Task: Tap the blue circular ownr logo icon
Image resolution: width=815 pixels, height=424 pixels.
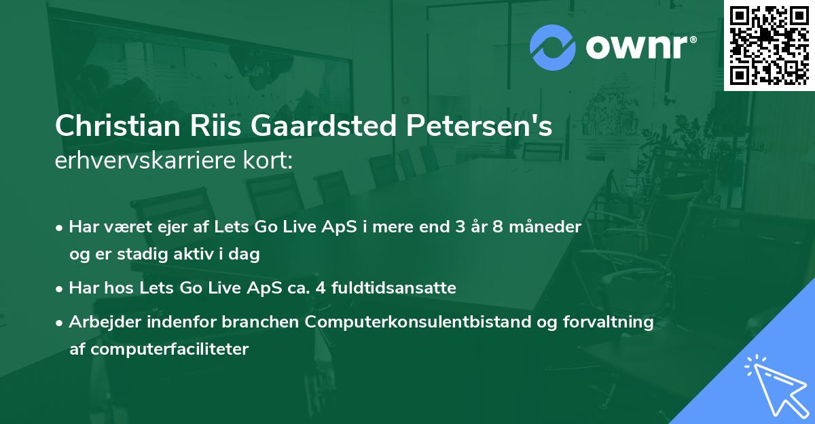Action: (x=553, y=47)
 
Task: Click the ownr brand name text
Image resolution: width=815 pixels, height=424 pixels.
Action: (x=640, y=46)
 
